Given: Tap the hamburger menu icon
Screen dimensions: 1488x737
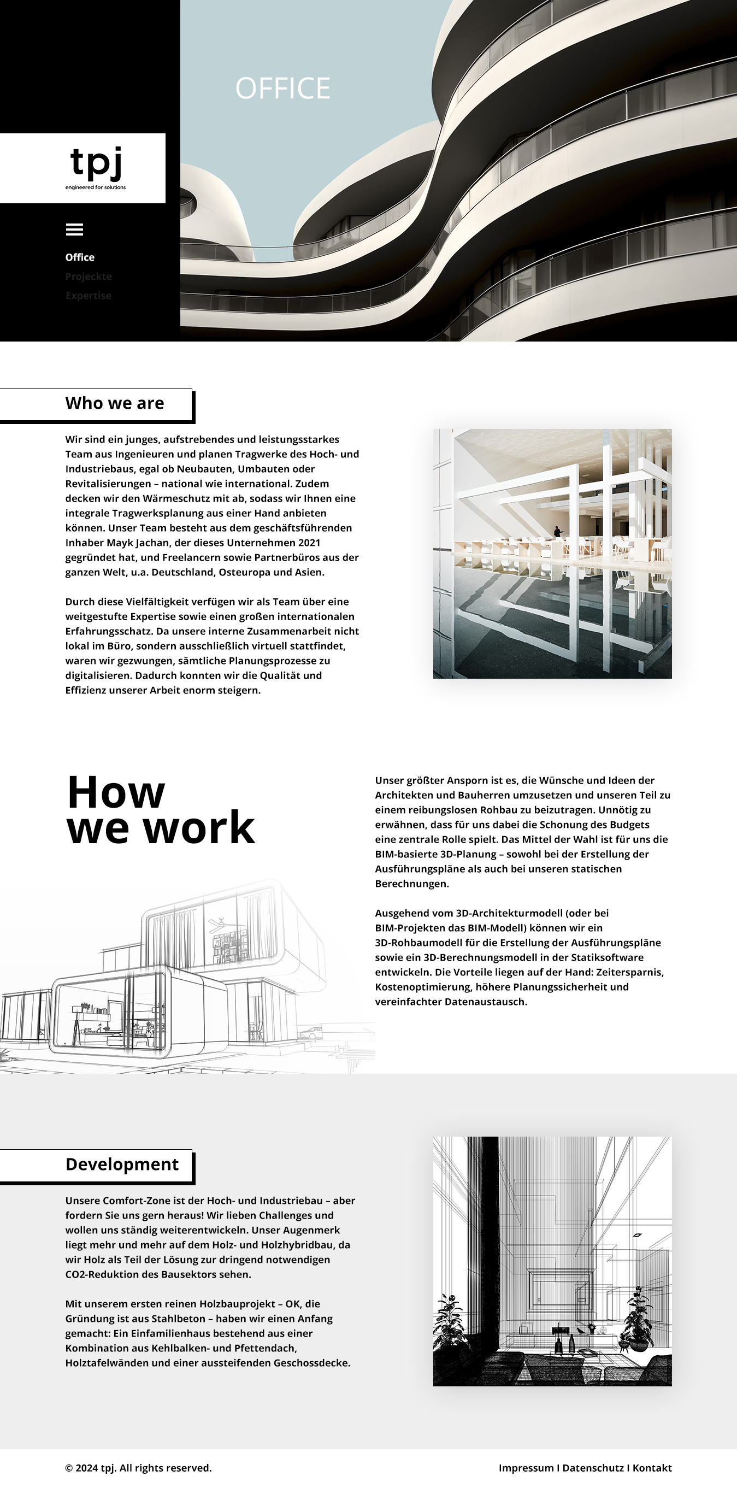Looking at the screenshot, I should pyautogui.click(x=74, y=230).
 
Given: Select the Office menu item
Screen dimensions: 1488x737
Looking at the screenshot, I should pyautogui.click(x=80, y=257).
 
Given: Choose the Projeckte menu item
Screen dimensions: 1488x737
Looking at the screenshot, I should pyautogui.click(x=89, y=276).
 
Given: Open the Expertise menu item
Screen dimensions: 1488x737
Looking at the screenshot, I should pyautogui.click(x=88, y=295).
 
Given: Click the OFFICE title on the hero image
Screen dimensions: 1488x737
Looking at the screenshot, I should pyautogui.click(x=282, y=89).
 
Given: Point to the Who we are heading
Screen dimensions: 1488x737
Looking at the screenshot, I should pyautogui.click(x=114, y=403).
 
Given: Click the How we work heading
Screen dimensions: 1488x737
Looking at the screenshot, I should pyautogui.click(x=160, y=809).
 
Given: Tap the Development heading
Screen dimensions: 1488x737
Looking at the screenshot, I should pyautogui.click(x=122, y=1164).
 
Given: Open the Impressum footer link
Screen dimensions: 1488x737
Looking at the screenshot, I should pyautogui.click(x=526, y=1468).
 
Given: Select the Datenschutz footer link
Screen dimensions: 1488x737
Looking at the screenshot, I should pyautogui.click(x=593, y=1468).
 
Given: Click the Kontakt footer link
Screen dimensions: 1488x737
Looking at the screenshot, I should pyautogui.click(x=652, y=1468).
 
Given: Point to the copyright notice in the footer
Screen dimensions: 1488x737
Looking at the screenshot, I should pyautogui.click(x=138, y=1468).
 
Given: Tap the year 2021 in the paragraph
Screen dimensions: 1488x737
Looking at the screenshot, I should pyautogui.click(x=309, y=543).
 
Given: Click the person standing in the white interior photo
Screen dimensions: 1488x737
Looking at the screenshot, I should pyautogui.click(x=557, y=531).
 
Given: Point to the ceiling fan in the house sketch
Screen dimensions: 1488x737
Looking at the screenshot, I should pyautogui.click(x=220, y=922).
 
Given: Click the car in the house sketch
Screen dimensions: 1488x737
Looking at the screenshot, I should pyautogui.click(x=311, y=1033).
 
